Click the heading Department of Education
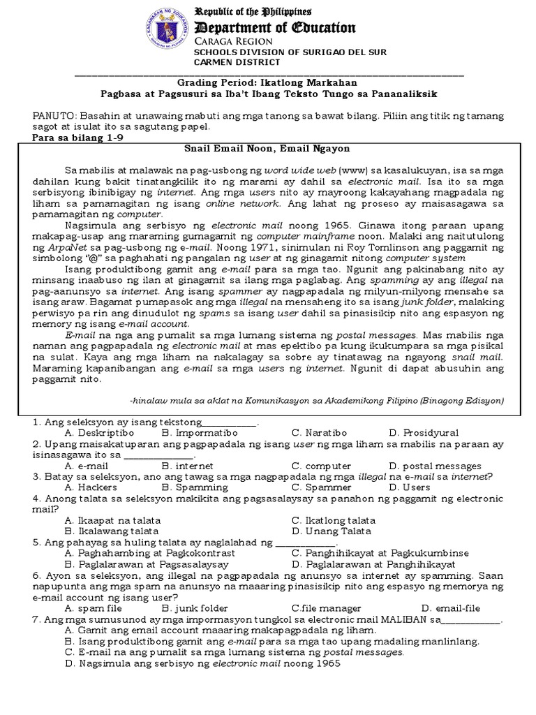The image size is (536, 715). [275, 28]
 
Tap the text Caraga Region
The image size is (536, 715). [230, 42]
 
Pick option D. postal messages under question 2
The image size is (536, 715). [435, 466]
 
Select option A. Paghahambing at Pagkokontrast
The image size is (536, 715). [150, 552]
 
